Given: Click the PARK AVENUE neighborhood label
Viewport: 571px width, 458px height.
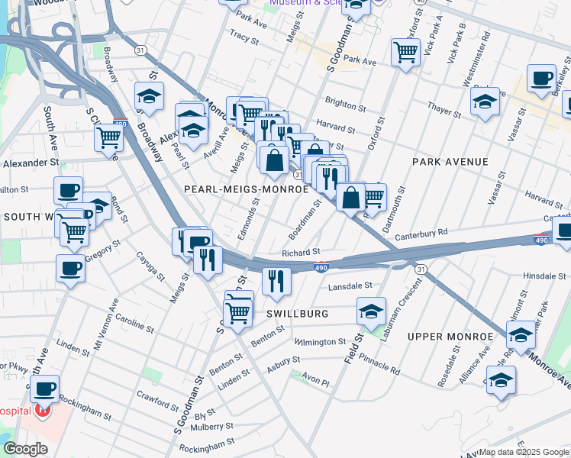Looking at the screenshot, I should pos(450,162).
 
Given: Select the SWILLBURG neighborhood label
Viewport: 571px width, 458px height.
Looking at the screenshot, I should pos(298,314).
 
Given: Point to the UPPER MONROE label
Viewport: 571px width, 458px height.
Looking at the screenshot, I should pos(450,337).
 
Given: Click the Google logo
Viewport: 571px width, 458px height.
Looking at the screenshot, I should pos(25,449).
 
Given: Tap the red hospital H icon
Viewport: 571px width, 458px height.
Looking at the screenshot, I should pos(43,411).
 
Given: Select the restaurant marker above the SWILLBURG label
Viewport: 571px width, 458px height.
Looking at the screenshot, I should pos(276,281).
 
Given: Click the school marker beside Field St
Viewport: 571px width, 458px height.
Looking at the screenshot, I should pos(371,312).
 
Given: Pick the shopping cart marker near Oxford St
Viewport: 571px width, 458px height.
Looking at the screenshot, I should pos(405,53).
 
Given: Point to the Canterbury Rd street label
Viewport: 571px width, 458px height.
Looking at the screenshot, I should pos(421,232).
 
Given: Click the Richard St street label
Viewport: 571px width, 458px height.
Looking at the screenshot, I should pos(300,252).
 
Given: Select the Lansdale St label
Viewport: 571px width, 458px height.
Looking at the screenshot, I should pos(349,286).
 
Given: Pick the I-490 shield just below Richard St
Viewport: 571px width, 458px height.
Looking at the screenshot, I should pos(321,266).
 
